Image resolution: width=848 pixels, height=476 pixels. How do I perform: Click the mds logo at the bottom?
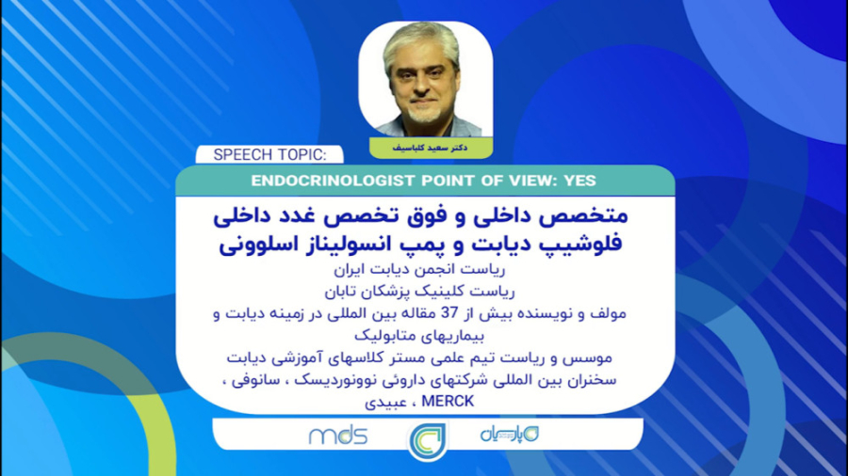coord(337,436)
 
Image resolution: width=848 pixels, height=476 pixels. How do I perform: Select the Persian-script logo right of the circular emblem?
coord(504,435)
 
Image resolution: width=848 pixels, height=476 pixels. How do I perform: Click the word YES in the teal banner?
coord(577,181)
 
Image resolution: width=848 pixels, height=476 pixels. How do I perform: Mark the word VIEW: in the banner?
coord(524,181)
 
